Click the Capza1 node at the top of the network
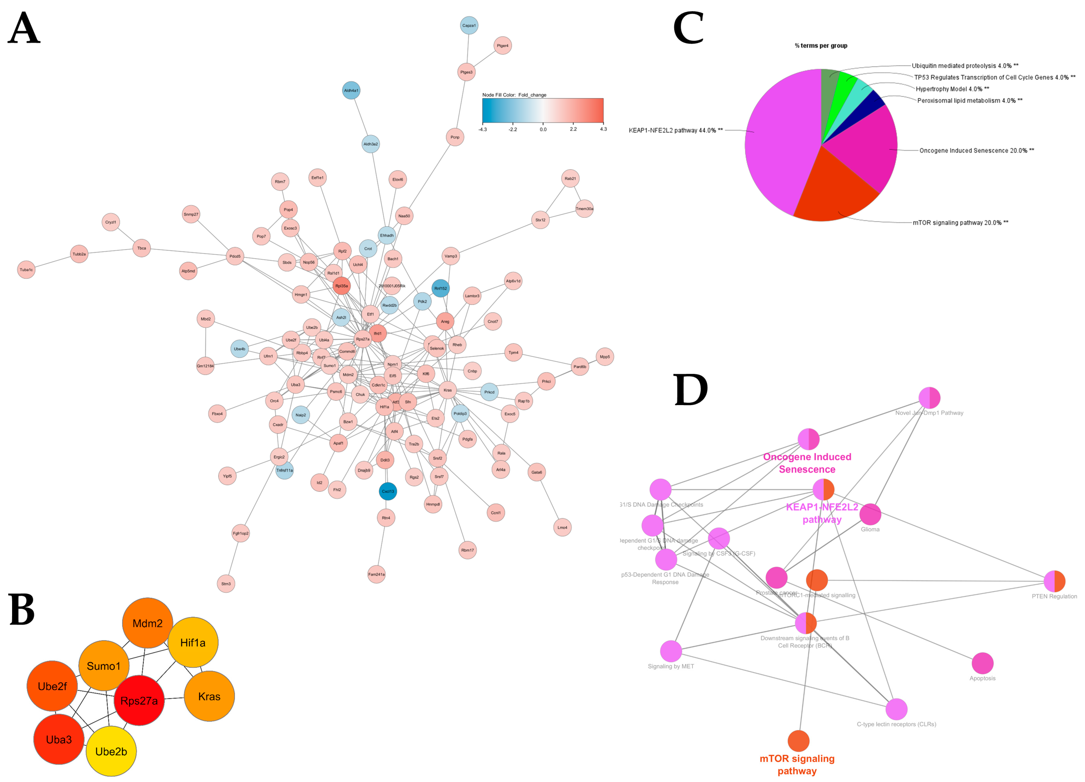pos(469,25)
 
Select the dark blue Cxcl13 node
pos(387,491)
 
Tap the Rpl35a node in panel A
pos(342,286)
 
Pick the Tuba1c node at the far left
pos(26,270)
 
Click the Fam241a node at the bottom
pos(377,574)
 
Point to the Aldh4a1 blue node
pos(351,90)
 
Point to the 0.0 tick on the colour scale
pos(543,129)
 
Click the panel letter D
pos(690,390)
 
